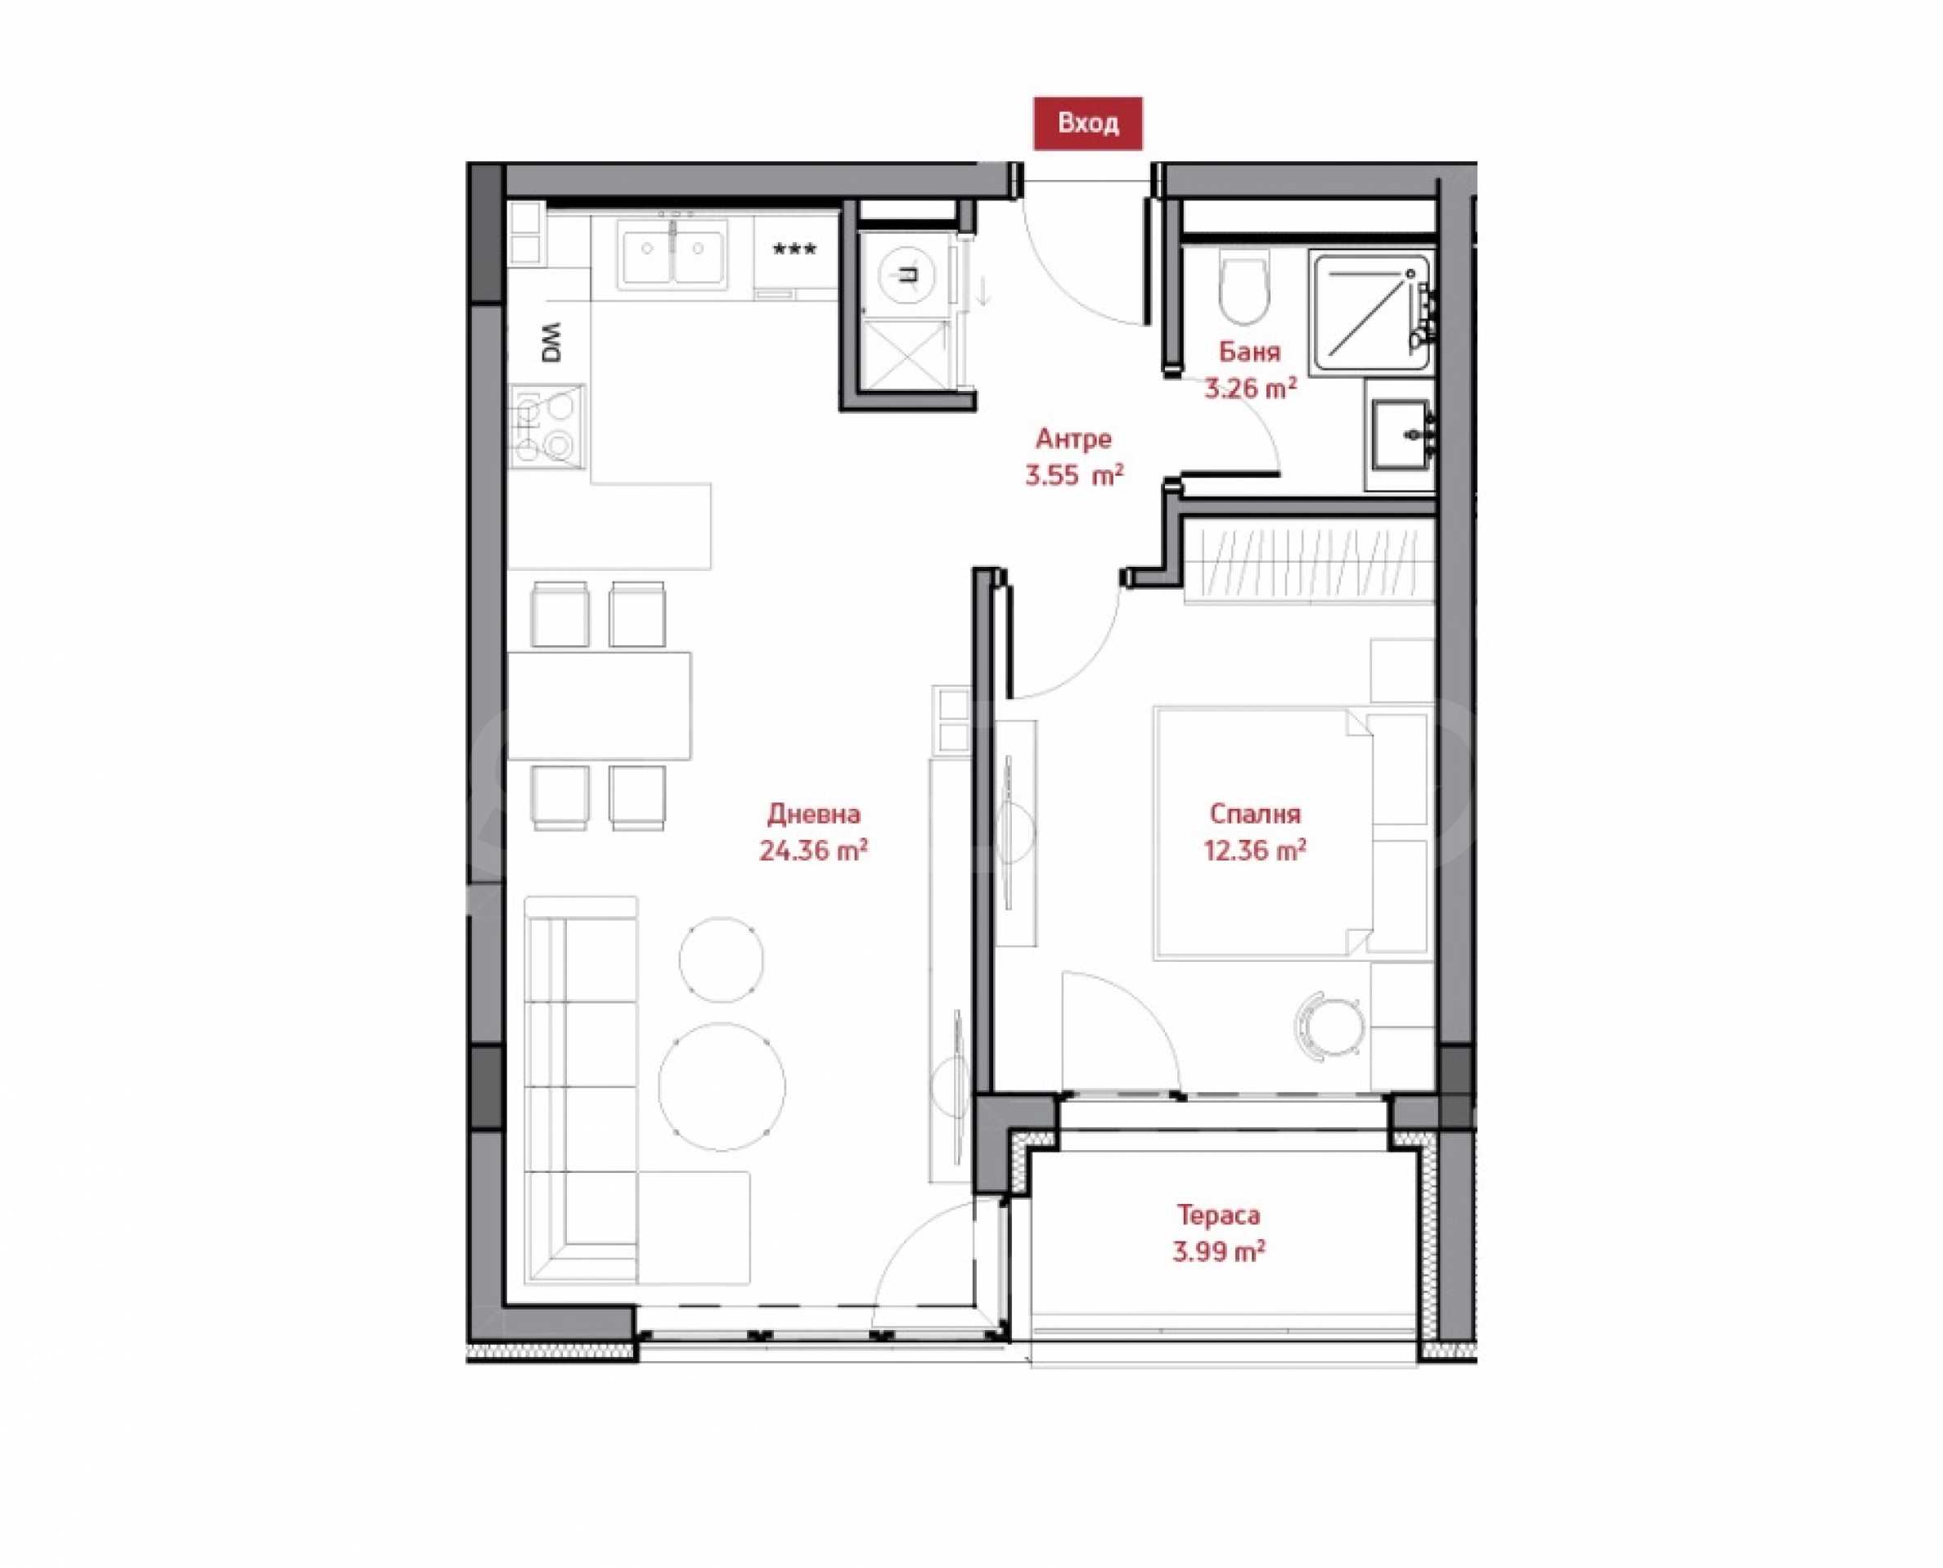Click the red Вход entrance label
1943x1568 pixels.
(x=1087, y=123)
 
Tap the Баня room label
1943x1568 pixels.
(x=1249, y=352)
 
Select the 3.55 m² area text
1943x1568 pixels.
(x=1074, y=475)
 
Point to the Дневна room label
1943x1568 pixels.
(x=814, y=815)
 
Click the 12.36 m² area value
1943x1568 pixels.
(x=1255, y=851)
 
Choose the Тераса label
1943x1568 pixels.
(x=1217, y=1215)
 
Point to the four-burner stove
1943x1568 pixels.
(x=546, y=426)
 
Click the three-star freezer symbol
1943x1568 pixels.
(x=795, y=249)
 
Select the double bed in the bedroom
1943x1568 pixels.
(x=1293, y=832)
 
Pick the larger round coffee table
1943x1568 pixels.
(x=721, y=1086)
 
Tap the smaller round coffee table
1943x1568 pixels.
(x=720, y=959)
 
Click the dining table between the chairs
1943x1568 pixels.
(x=599, y=705)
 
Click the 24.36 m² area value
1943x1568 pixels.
(x=814, y=851)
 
